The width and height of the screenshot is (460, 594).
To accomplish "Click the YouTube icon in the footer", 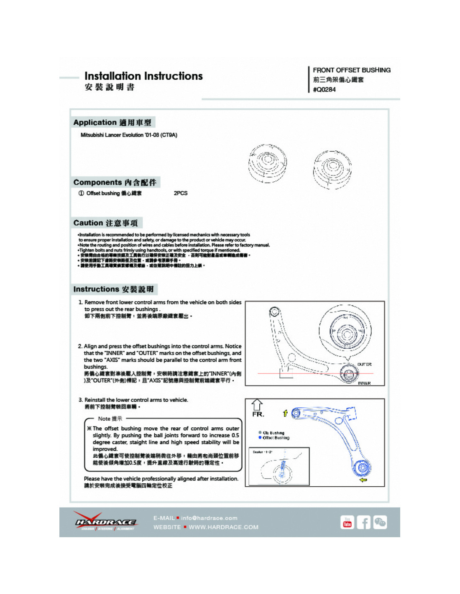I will point(347,522).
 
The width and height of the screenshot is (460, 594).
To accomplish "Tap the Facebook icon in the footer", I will point(363,522).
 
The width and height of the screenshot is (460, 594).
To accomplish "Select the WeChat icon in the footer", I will point(380,522).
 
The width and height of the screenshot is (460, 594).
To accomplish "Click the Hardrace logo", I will point(105,522).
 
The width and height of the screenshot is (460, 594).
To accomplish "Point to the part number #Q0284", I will point(324,89).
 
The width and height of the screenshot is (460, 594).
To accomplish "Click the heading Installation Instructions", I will point(143,76).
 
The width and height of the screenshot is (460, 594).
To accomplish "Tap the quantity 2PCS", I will point(181,193).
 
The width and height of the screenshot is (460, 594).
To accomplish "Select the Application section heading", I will point(112,122).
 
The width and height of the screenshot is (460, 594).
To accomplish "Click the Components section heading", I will point(115,182).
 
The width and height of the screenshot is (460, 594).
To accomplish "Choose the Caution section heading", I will point(106,223).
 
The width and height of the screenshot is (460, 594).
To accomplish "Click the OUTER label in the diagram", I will point(364,364).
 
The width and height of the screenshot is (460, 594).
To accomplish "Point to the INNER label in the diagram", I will point(364,383).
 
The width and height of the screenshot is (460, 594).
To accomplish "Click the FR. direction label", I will point(258,414).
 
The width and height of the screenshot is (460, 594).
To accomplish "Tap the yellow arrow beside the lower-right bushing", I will point(363,480).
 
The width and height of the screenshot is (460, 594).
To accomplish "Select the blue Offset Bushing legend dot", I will point(260,438).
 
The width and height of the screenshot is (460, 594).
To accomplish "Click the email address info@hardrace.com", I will point(209,518).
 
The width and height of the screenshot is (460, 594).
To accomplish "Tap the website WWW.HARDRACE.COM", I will point(223,527).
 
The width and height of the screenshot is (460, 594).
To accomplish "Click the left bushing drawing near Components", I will point(267,163).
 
